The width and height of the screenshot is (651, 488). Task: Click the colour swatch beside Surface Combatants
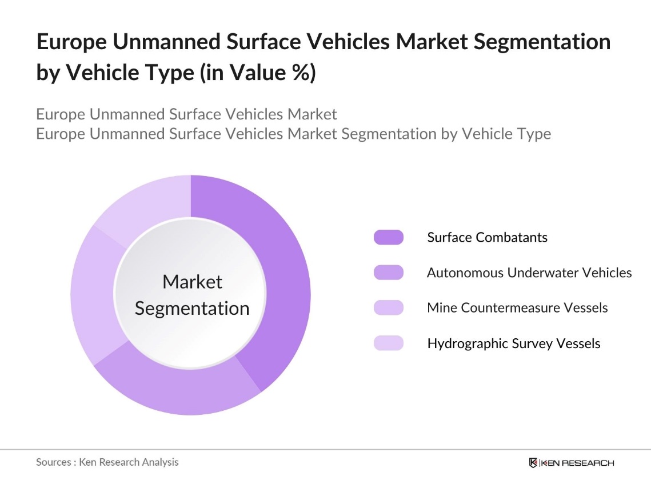[388, 237]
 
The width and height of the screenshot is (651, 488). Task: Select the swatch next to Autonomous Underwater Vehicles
[388, 273]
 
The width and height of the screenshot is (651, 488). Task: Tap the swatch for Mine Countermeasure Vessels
[388, 308]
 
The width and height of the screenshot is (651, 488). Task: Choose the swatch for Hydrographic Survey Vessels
[388, 343]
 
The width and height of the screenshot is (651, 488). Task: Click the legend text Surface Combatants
[487, 237]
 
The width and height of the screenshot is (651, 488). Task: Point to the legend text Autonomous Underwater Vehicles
[529, 273]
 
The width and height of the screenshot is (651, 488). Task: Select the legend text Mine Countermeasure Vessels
[517, 308]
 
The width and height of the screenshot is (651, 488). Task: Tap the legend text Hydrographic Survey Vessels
[514, 343]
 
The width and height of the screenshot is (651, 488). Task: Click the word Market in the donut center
[192, 282]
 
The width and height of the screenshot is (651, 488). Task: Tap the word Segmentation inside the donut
[192, 309]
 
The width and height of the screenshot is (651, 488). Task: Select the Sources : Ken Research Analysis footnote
[107, 462]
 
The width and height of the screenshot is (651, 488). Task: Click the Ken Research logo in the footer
[572, 462]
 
